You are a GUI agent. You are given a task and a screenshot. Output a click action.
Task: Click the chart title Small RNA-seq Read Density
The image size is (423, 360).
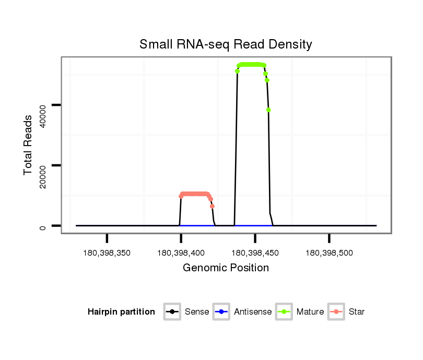226,44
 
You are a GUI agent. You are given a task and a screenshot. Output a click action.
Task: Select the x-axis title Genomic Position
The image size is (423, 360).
226,268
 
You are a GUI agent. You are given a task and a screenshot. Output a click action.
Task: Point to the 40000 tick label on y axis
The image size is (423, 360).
43,113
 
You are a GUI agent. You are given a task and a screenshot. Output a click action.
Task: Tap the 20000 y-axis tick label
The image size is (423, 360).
43,174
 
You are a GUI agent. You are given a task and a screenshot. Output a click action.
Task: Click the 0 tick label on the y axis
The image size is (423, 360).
43,227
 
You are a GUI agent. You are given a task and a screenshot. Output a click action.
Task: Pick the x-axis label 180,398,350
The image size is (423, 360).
107,254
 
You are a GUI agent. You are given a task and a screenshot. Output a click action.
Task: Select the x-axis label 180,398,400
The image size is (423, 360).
181,254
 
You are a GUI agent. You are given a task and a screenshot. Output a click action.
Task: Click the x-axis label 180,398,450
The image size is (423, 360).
255,254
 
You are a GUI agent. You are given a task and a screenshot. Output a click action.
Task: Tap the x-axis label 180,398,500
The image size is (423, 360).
329,254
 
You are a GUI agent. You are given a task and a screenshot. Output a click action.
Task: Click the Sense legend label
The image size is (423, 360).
197,312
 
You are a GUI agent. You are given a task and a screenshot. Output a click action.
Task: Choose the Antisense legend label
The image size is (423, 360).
253,312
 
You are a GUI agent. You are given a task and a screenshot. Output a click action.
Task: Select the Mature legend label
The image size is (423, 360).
310,312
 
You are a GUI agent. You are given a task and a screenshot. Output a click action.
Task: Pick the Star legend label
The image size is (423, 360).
357,312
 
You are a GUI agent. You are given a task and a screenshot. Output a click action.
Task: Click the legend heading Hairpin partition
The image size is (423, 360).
121,312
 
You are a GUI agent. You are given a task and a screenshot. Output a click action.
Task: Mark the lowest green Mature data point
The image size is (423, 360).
268,110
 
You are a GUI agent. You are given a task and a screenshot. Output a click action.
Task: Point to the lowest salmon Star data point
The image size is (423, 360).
212,206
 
